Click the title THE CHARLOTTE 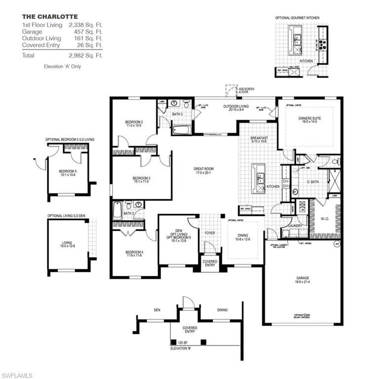[43, 16]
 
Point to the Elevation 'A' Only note [62, 66]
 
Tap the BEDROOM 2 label [134, 123]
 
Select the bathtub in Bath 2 [117, 210]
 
